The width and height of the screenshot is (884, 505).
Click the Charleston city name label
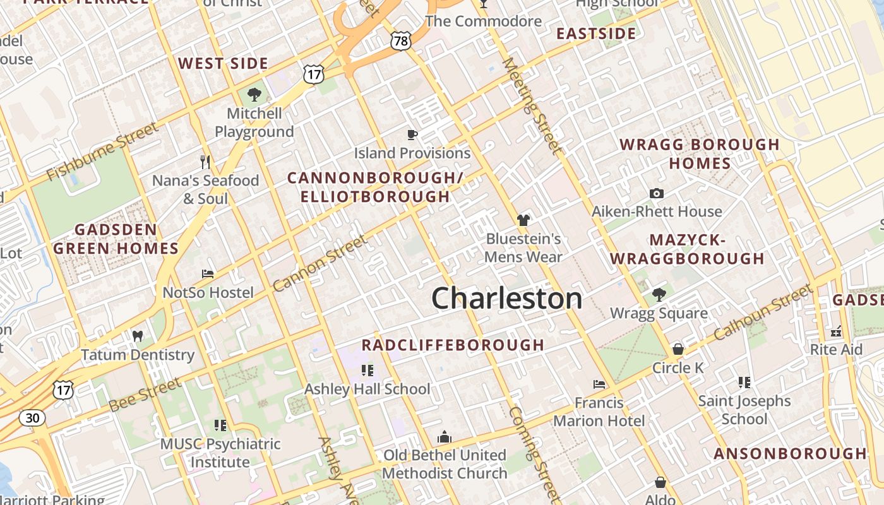pyautogui.click(x=506, y=298)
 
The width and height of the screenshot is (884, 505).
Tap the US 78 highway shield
pyautogui.click(x=401, y=41)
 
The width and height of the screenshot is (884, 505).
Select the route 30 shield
pyautogui.click(x=32, y=417)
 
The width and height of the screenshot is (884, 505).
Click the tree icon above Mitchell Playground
pyautogui.click(x=254, y=95)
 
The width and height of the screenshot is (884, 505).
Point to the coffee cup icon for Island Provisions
pyautogui.click(x=412, y=134)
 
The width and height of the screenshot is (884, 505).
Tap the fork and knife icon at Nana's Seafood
pyautogui.click(x=205, y=162)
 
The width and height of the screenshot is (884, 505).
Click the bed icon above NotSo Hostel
pyautogui.click(x=207, y=274)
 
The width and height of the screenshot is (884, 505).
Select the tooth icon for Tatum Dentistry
pyautogui.click(x=138, y=336)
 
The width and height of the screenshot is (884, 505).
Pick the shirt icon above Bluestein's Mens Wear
pyautogui.click(x=523, y=220)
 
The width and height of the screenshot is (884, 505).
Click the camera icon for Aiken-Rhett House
pyautogui.click(x=657, y=193)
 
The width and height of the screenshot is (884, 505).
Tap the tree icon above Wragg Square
pyautogui.click(x=659, y=294)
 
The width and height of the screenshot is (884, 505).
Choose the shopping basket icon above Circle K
pyautogui.click(x=678, y=348)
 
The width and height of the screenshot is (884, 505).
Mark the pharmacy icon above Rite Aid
pyautogui.click(x=837, y=331)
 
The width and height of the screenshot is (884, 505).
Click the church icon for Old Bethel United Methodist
pyautogui.click(x=445, y=437)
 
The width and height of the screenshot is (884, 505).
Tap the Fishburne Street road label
pyautogui.click(x=102, y=151)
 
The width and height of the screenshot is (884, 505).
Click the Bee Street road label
pyautogui.click(x=145, y=395)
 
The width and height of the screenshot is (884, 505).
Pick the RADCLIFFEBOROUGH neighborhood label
pyautogui.click(x=452, y=345)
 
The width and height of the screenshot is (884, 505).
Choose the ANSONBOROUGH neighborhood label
pyautogui.click(x=791, y=453)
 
